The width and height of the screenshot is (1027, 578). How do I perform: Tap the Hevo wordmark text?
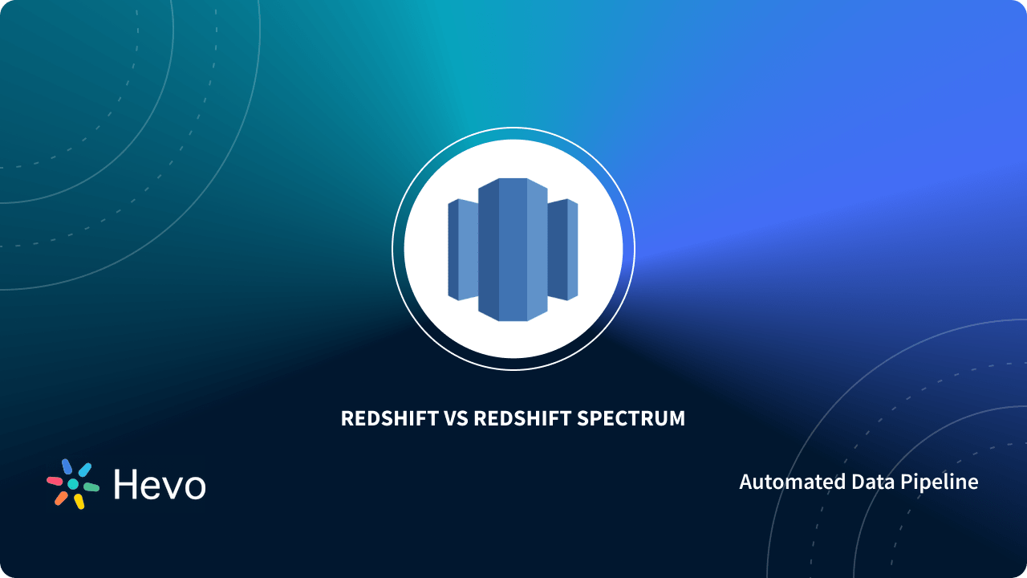point(160,484)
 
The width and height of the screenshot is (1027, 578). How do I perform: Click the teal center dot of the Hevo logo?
point(73,484)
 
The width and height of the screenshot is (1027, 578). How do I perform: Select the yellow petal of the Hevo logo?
point(79,502)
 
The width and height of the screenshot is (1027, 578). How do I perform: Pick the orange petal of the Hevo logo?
point(61,499)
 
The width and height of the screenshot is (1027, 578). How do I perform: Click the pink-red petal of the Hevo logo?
point(55,481)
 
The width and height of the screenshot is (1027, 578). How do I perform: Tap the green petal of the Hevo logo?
point(91,486)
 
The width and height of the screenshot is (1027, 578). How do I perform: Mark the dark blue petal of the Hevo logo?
point(67,466)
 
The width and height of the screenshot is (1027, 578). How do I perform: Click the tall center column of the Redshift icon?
point(513,249)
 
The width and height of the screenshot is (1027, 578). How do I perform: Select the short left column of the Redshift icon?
point(463,250)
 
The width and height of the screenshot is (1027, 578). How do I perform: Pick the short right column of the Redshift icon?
point(563,250)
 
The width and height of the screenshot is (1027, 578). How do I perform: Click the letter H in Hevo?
point(127,484)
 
